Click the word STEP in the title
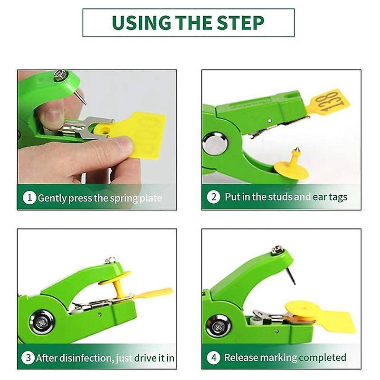pos(240,22)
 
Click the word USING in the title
pos(141,22)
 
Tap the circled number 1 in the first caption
pos(29,198)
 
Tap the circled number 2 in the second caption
pos(213,197)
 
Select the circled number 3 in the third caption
pos(28,358)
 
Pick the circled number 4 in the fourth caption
pos(214,358)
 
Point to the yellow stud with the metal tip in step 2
pos(292,165)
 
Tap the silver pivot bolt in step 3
pos(42,323)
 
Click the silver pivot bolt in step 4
pos(218,326)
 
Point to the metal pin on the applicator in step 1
pos(81,97)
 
